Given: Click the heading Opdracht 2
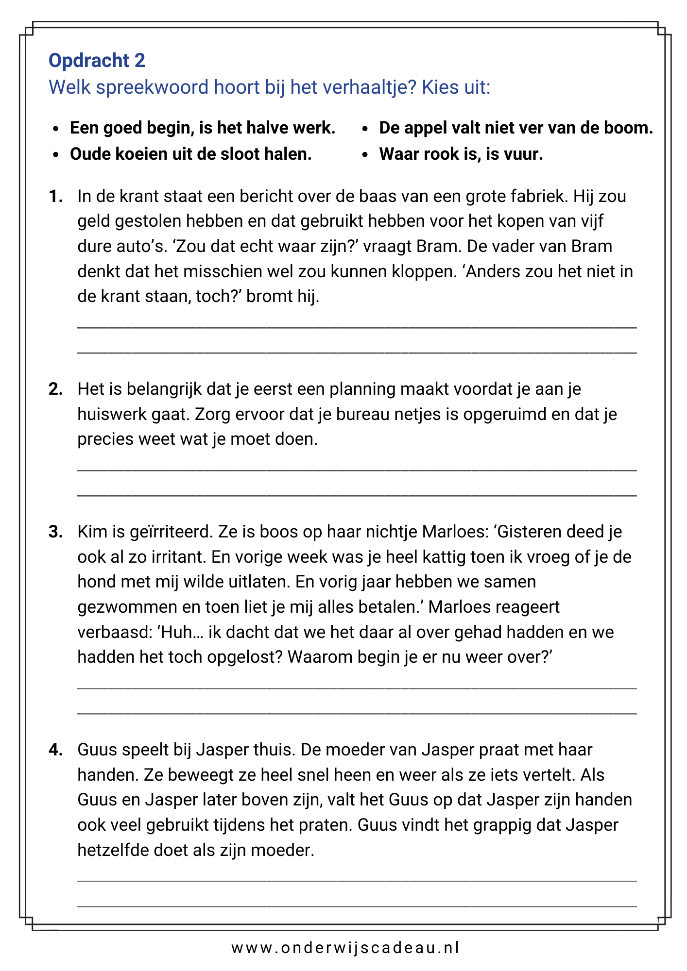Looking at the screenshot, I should click(97, 60).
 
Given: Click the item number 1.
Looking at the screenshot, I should click(55, 196).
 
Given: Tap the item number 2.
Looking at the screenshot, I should click(55, 389).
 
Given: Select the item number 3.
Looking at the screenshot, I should click(55, 532).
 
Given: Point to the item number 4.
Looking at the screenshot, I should click(55, 750).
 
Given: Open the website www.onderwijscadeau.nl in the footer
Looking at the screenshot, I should click(345, 947).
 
